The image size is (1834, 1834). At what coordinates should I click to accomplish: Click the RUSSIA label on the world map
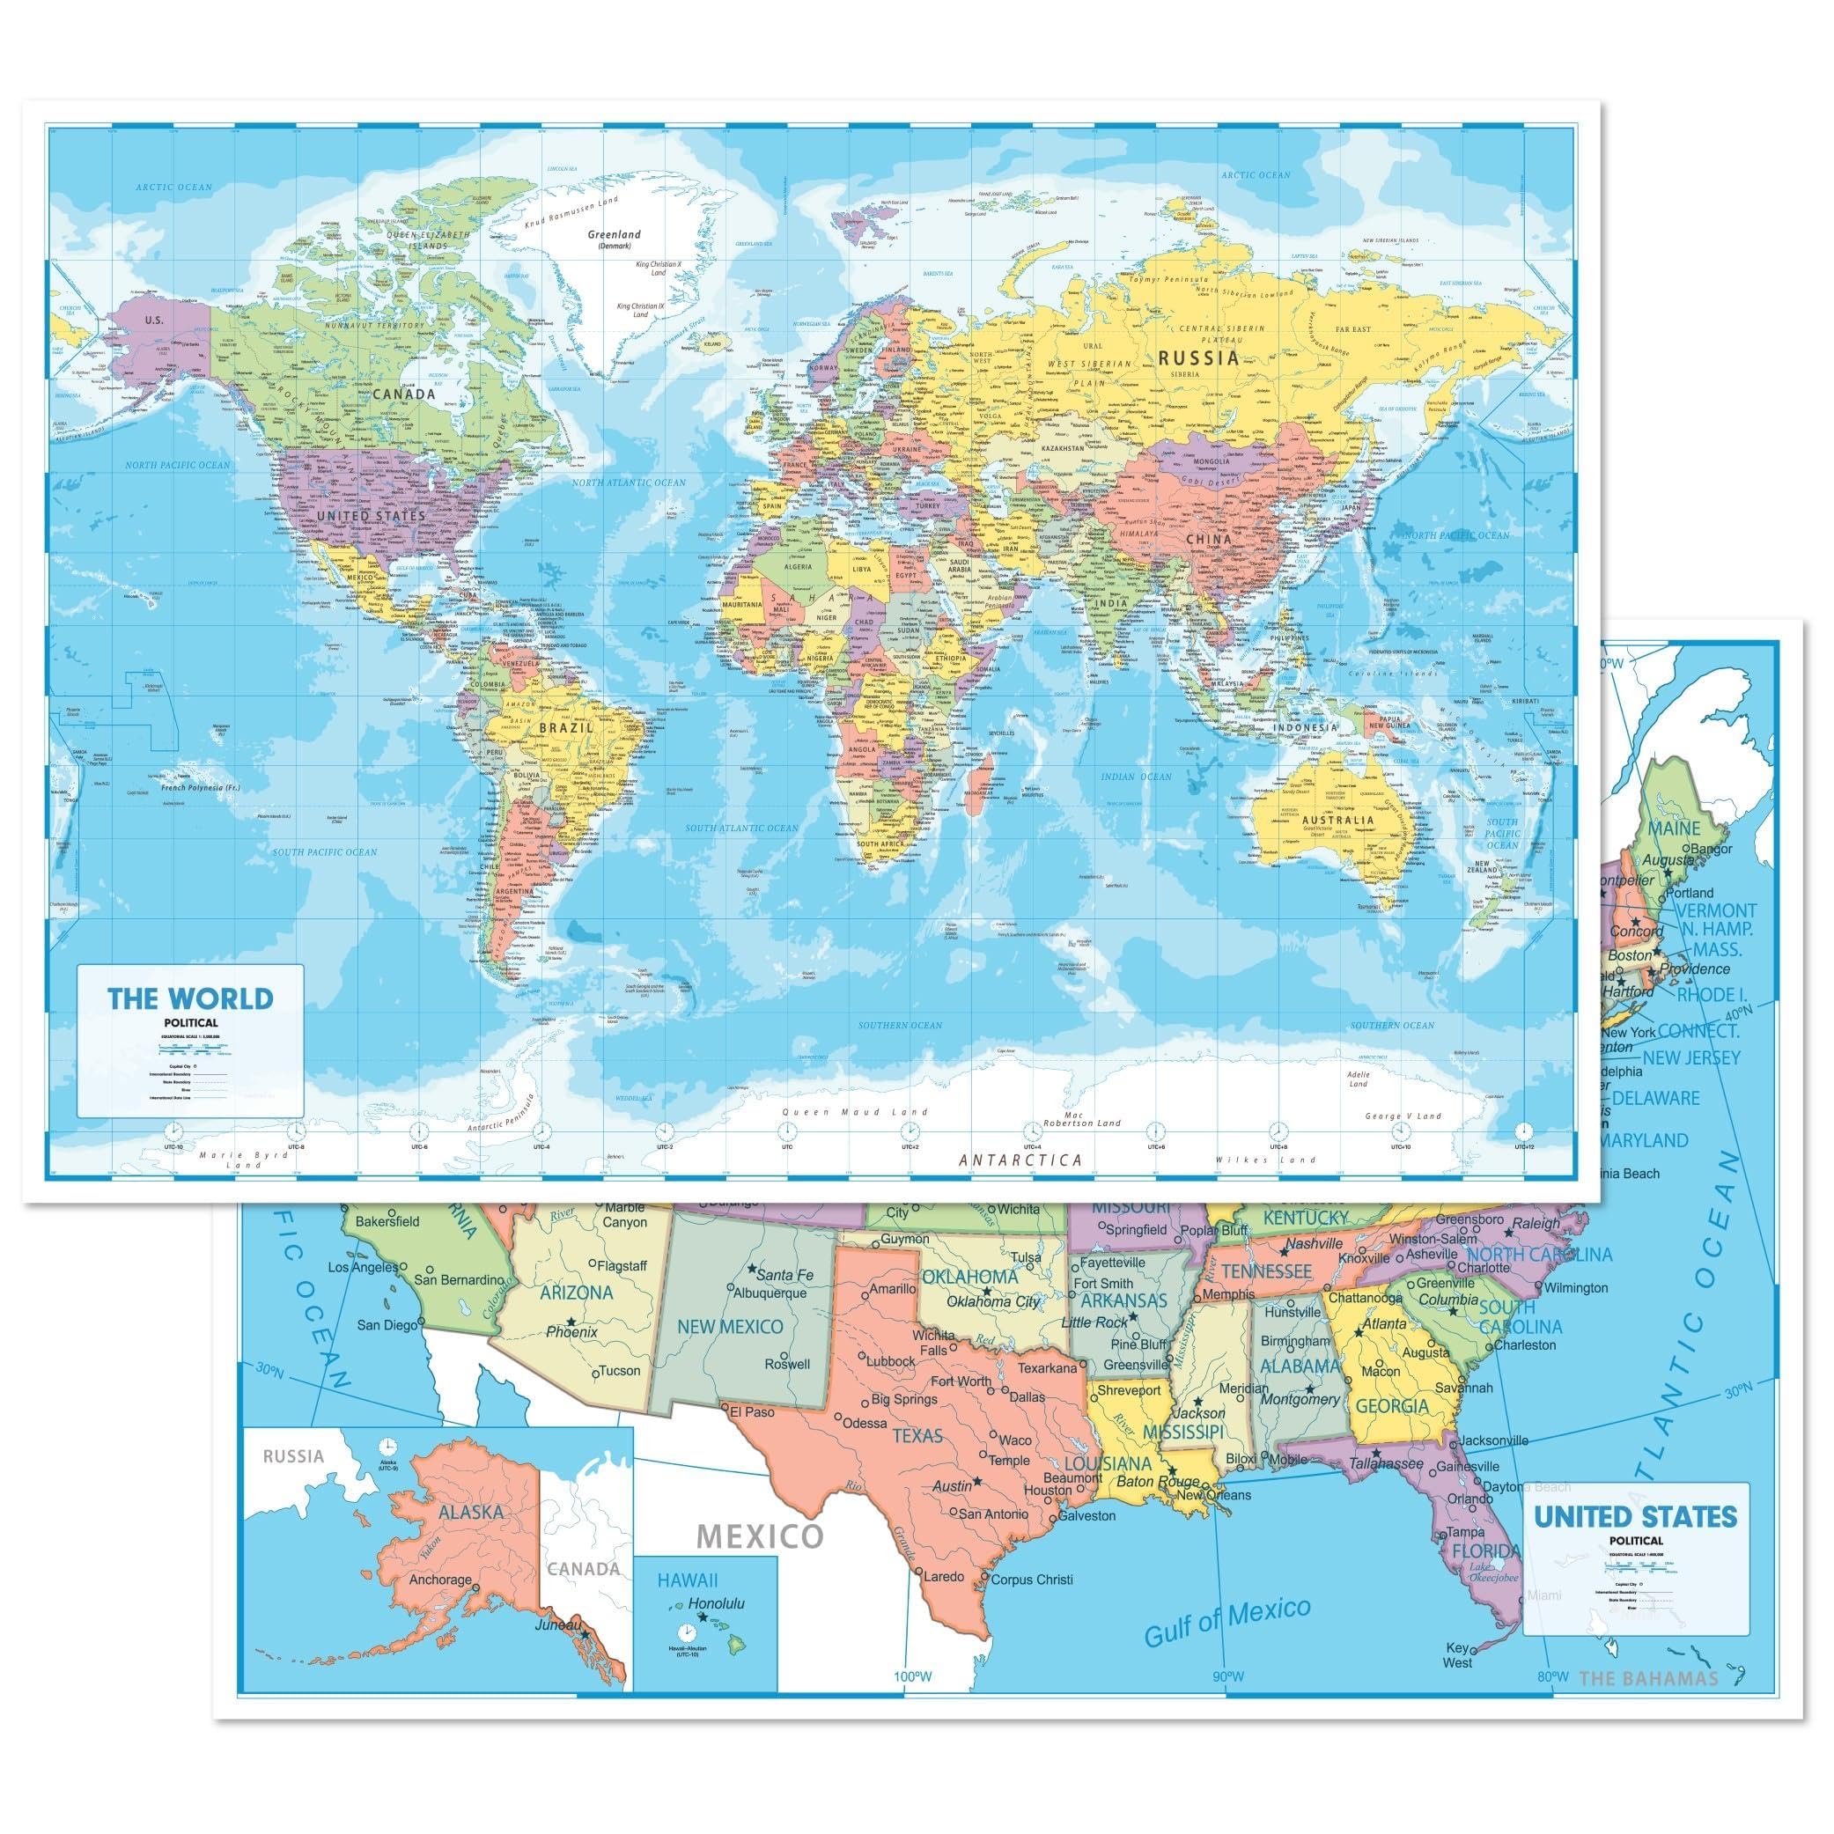coord(1199,357)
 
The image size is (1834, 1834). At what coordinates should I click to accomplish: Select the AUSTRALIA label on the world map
coord(1337,819)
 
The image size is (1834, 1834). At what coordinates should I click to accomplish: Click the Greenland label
coord(615,234)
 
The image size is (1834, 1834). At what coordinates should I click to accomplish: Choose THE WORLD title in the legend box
coord(190,998)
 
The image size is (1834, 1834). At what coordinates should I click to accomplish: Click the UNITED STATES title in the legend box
coord(1636,1517)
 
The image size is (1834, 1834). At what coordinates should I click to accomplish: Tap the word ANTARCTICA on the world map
coord(1020,1159)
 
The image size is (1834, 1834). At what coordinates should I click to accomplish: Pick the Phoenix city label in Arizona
coord(571,1332)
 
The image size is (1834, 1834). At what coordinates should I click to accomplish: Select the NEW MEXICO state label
coord(730,1326)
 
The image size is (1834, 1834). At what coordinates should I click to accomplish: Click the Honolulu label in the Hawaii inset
coord(717,1603)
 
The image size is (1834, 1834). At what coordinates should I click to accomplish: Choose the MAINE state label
coord(1674,828)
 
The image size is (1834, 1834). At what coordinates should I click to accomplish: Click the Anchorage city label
coord(439,1580)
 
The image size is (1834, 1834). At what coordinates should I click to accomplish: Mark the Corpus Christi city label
coord(1032,1580)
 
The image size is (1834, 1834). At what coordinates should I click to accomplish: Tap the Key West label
coord(1457,1654)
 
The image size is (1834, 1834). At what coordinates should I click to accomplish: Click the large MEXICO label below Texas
coord(760,1536)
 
